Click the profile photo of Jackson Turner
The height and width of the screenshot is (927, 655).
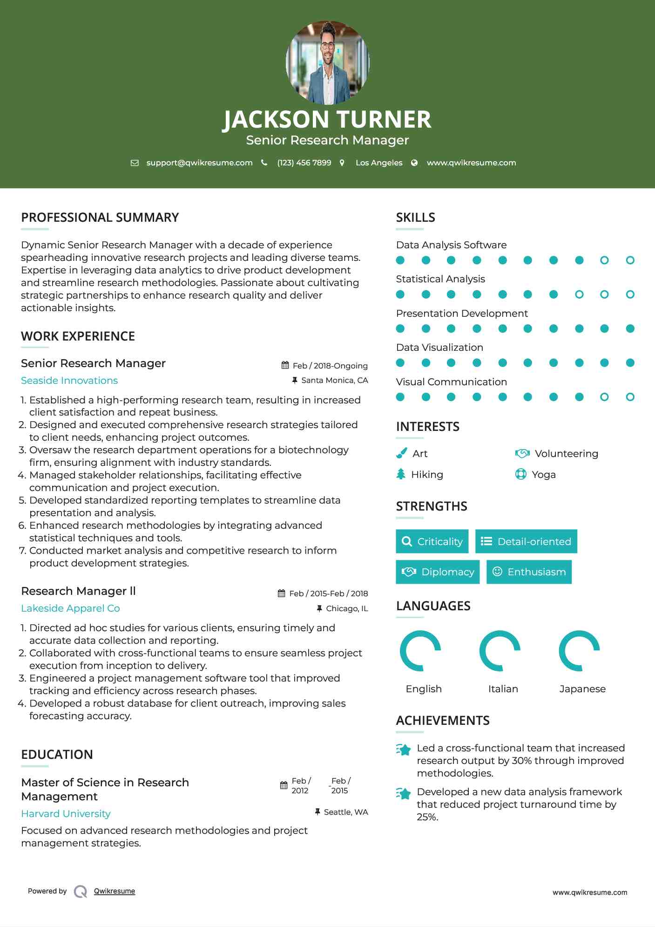pyautogui.click(x=327, y=62)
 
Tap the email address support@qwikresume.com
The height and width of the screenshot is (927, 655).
pyautogui.click(x=199, y=163)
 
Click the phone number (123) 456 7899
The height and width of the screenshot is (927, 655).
pyautogui.click(x=304, y=163)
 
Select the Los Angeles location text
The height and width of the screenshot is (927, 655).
pyautogui.click(x=378, y=163)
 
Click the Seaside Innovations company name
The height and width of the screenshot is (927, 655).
pyautogui.click(x=69, y=381)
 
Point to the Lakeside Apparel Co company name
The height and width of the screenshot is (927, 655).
pyautogui.click(x=70, y=608)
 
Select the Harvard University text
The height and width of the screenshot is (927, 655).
pyautogui.click(x=66, y=814)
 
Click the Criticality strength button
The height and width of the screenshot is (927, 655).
pyautogui.click(x=432, y=541)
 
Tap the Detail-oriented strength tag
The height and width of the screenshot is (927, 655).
pyautogui.click(x=526, y=541)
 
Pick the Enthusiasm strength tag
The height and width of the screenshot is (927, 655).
pyautogui.click(x=529, y=572)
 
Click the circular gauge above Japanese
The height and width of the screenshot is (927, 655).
pyautogui.click(x=579, y=651)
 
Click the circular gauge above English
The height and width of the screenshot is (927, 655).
pyautogui.click(x=420, y=651)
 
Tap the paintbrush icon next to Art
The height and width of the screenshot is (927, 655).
pyautogui.click(x=401, y=453)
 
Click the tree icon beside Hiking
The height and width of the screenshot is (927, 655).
pyautogui.click(x=401, y=474)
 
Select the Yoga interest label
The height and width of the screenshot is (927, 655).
pyautogui.click(x=544, y=475)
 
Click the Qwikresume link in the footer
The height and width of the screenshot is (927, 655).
pyautogui.click(x=115, y=891)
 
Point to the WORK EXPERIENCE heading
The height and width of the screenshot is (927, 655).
pyautogui.click(x=78, y=336)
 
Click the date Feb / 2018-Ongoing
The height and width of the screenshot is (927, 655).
pyautogui.click(x=330, y=366)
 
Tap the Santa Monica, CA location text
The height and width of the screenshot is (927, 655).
pyautogui.click(x=334, y=380)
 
